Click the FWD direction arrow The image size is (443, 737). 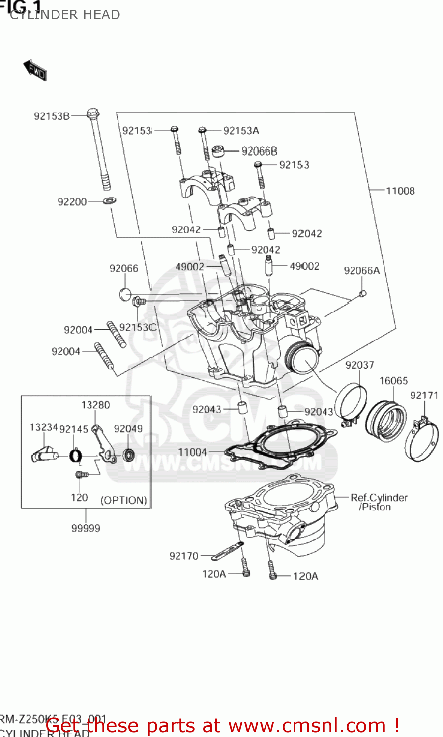coord(35,70)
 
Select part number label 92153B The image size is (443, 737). coord(52,116)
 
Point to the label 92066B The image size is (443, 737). coord(259,151)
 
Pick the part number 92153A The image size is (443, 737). coord(241,131)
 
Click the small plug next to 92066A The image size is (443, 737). coord(363,293)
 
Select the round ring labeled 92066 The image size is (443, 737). coord(125,294)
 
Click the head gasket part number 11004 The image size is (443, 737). coord(192,452)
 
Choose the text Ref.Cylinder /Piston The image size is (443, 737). coord(379,502)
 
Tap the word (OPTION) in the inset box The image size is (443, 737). coord(123,500)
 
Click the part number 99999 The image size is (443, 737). coord(86,528)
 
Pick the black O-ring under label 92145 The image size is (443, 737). coord(75,456)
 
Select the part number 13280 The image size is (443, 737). coord(95,405)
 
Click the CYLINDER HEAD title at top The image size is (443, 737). coord(65,15)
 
